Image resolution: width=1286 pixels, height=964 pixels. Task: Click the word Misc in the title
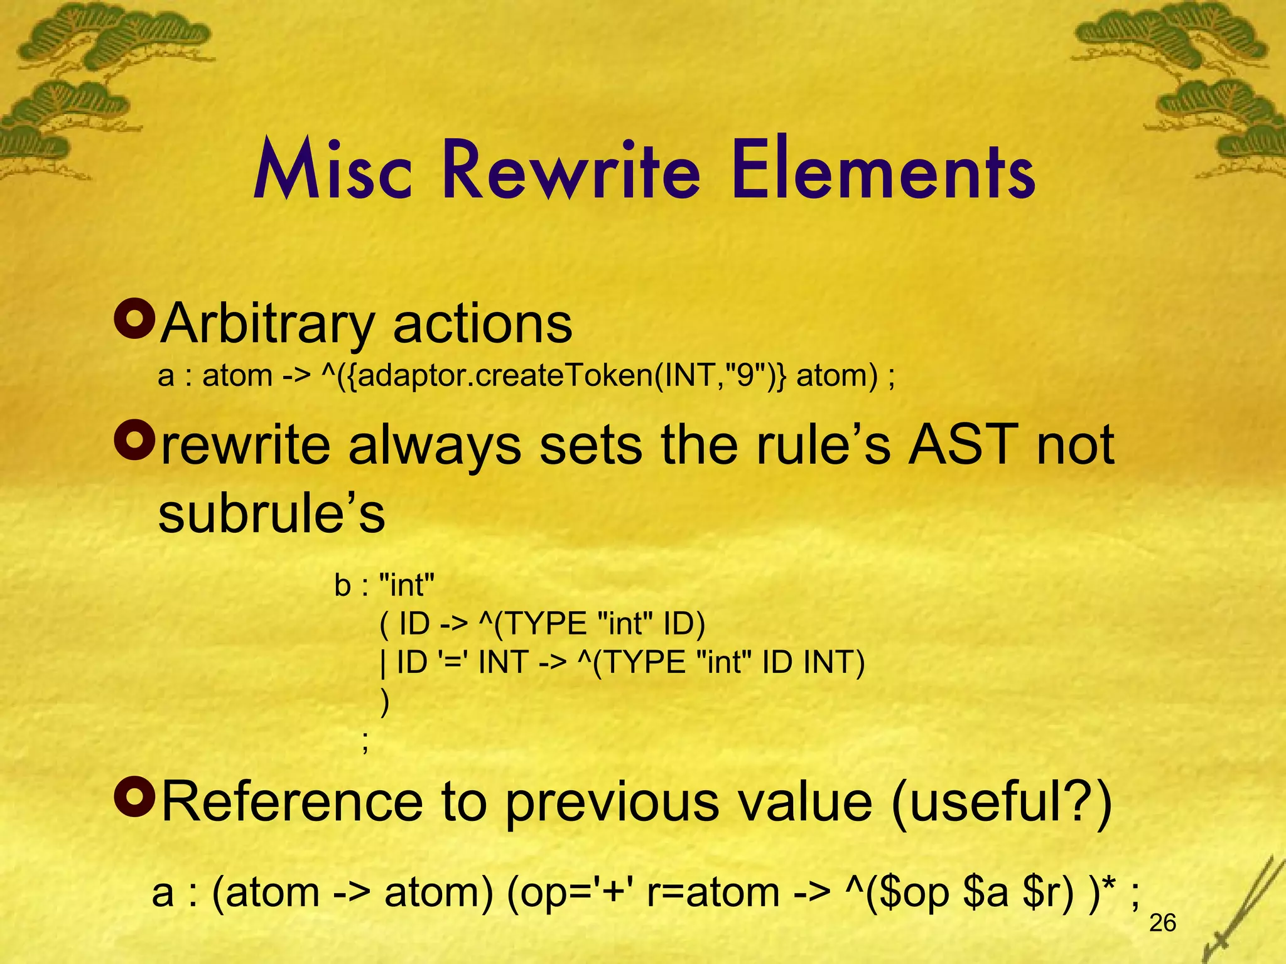coord(333,171)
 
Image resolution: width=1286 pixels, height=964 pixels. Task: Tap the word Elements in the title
coord(883,171)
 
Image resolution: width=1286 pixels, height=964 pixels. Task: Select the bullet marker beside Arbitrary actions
coord(134,319)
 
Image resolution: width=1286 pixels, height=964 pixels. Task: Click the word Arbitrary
coord(267,324)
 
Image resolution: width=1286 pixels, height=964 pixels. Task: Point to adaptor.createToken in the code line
coord(499,376)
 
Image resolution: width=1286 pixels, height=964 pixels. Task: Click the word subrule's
coord(271,513)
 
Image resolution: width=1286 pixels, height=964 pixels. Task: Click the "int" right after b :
coord(408,586)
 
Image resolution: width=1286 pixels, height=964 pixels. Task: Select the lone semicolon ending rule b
coord(365,742)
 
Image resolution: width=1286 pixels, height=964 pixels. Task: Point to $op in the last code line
coord(915,892)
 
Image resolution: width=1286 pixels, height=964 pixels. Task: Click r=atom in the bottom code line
coord(713,892)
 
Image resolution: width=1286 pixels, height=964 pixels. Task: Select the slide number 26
coord(1162,923)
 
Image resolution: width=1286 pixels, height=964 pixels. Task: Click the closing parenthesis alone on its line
coord(385,702)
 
